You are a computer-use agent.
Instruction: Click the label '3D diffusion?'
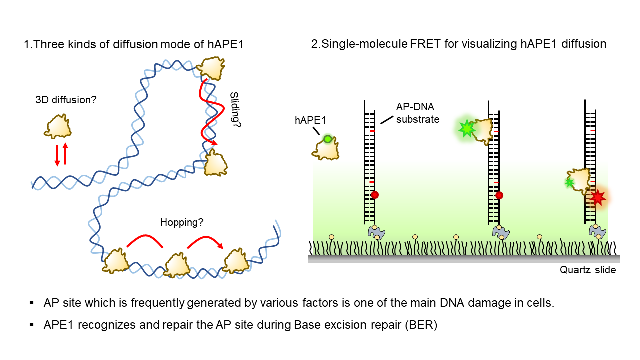66,100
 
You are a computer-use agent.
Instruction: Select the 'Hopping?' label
182,222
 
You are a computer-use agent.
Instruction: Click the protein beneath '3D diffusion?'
58,127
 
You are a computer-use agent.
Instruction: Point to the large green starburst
467,129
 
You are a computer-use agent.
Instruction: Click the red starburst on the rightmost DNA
598,197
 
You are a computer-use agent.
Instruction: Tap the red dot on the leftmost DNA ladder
375,195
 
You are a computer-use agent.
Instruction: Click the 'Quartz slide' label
587,270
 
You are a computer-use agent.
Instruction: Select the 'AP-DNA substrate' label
417,113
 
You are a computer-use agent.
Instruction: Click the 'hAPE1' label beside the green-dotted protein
310,120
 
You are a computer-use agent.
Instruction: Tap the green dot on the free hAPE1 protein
328,139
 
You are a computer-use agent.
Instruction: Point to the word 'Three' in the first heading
49,44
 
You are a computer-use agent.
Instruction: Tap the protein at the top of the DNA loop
211,68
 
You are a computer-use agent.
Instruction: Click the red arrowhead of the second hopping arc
220,245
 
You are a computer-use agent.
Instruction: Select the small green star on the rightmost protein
569,183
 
